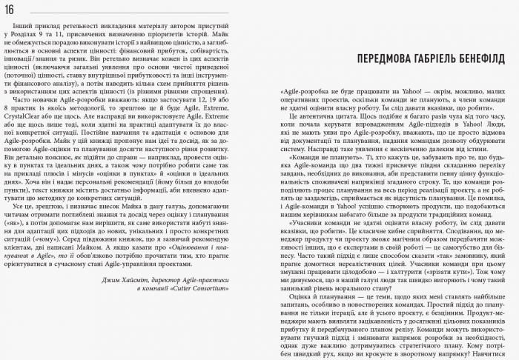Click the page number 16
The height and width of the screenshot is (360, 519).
(14, 8)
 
